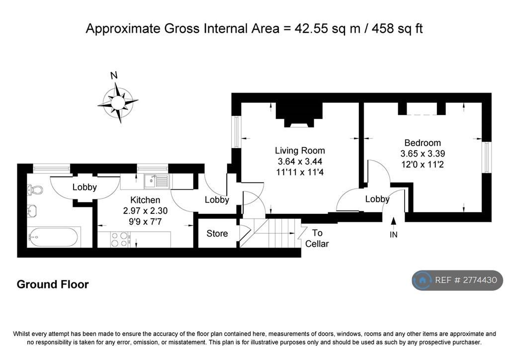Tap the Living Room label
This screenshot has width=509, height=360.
300,151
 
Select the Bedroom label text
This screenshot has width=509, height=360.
423,143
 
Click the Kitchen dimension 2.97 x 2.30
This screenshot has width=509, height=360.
145,211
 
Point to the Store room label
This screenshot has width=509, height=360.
217,233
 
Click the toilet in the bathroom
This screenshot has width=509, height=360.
35,189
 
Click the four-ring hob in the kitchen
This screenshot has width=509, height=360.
119,239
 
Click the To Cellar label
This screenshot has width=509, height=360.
317,238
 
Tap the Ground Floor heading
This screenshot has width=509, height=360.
53,284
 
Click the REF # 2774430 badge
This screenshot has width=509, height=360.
457,280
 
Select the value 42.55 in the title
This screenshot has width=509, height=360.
311,28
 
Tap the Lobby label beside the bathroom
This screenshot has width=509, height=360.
85,187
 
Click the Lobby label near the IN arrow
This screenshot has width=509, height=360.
377,199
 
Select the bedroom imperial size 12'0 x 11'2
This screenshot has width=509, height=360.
423,165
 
